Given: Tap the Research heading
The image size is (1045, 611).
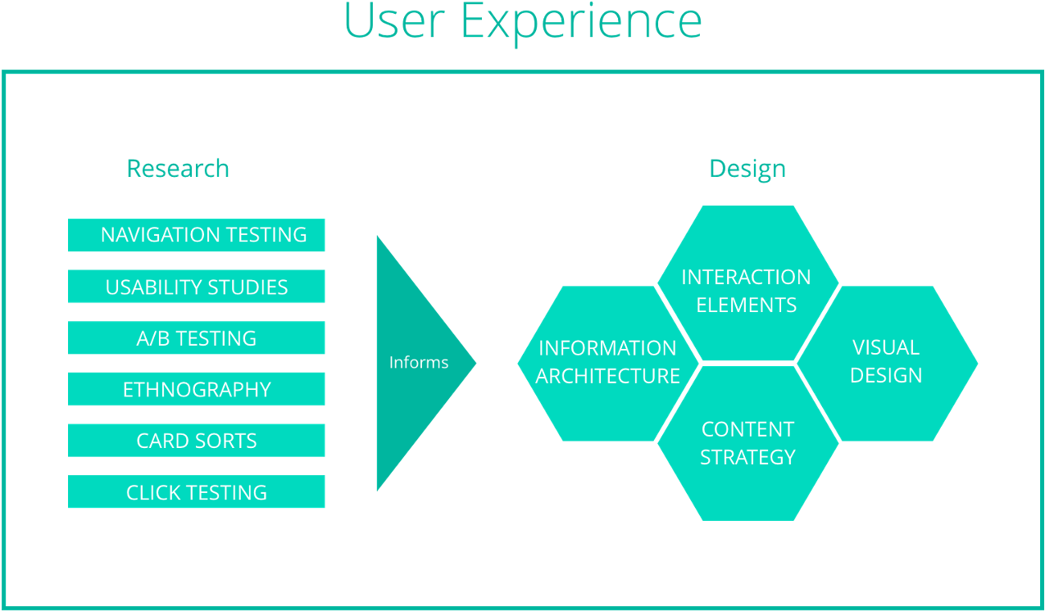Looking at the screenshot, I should tap(178, 169).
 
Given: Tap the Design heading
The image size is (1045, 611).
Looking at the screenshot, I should tap(747, 169).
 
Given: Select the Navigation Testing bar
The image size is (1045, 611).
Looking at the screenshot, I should tap(197, 235).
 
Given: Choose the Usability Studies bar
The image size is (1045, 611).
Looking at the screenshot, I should tap(197, 287).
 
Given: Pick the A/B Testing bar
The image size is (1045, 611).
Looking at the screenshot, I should tap(197, 338).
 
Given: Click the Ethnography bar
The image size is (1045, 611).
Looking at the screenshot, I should tap(197, 389).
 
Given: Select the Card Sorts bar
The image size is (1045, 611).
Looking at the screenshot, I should tap(197, 441).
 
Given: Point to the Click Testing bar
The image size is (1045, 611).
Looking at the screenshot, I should tap(197, 492).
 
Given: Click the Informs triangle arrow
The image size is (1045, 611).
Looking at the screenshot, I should tap(414, 363).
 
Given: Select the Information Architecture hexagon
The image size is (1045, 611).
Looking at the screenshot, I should tap(607, 363).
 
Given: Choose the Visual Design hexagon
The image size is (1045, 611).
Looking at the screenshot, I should tap(887, 363).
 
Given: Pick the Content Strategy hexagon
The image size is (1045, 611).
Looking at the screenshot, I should tap(747, 443).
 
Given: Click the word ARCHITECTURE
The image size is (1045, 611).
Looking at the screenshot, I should tap(608, 376).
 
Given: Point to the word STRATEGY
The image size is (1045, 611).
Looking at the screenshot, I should tap(747, 457).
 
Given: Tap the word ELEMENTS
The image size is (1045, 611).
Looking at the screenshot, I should tap(747, 305).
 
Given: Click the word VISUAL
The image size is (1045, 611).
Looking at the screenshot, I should tap(886, 347).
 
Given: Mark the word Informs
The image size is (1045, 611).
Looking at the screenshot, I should tap(419, 362).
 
